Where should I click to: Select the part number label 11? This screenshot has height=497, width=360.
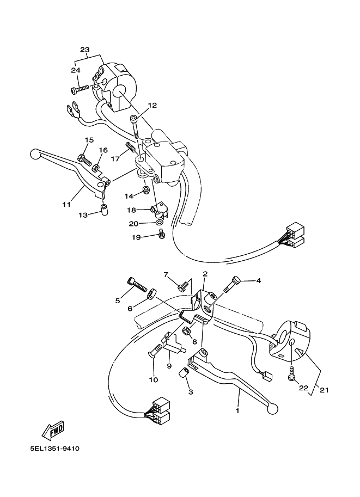pyautogui.click(x=66, y=205)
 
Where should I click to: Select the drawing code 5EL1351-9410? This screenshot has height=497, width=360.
pyautogui.click(x=56, y=449)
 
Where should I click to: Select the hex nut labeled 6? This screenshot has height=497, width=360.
pyautogui.click(x=152, y=294)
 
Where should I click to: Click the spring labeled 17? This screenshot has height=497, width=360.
pyautogui.click(x=130, y=147)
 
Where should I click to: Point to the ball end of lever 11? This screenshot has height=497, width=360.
pyautogui.click(x=36, y=155)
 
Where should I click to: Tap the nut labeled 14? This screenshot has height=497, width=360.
pyautogui.click(x=145, y=190)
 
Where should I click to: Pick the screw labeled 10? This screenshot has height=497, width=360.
pyautogui.click(x=153, y=354)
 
